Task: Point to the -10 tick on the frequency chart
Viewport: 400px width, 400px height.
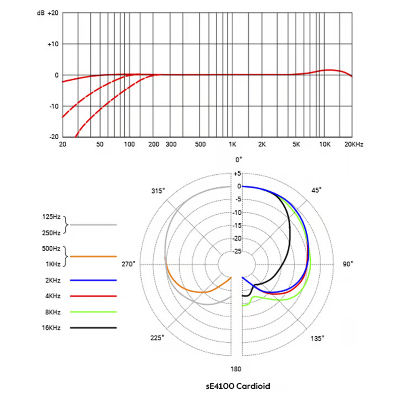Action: pyautogui.click(x=53, y=106)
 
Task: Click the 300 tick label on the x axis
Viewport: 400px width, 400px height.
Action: pyautogui.click(x=171, y=144)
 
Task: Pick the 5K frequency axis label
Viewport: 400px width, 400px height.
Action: pyautogui.click(x=296, y=144)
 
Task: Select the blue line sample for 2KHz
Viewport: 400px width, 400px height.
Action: pyautogui.click(x=93, y=280)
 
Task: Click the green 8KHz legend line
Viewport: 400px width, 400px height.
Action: pyautogui.click(x=93, y=312)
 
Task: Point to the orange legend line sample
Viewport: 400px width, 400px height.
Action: pyautogui.click(x=93, y=256)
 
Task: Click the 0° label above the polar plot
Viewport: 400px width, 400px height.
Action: pyautogui.click(x=239, y=160)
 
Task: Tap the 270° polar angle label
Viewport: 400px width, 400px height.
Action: pyautogui.click(x=128, y=264)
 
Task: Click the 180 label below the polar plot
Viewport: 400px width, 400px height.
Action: pyautogui.click(x=236, y=369)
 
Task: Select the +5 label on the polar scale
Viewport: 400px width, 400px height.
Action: pyautogui.click(x=237, y=174)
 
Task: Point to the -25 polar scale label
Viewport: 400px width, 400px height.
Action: pyautogui.click(x=237, y=251)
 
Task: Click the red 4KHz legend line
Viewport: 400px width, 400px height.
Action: pyautogui.click(x=93, y=296)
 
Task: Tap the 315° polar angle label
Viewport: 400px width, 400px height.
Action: pyautogui.click(x=158, y=191)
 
